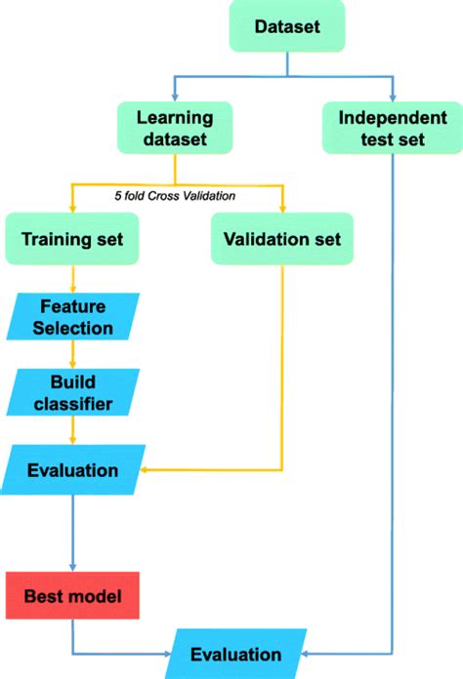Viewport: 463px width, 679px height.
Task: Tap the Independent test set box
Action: (x=391, y=128)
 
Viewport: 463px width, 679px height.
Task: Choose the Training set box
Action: (x=71, y=238)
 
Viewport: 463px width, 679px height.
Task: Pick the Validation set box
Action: (x=280, y=238)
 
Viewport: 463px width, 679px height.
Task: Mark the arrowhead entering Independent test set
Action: (x=391, y=98)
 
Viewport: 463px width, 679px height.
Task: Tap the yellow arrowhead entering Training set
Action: (x=71, y=209)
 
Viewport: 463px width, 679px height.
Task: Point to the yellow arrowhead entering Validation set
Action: (x=280, y=209)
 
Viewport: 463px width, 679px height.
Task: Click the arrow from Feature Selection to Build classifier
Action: (x=71, y=354)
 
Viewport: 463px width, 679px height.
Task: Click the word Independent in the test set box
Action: (x=391, y=117)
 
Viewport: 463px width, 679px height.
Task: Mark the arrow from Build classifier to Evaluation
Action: (x=71, y=429)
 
